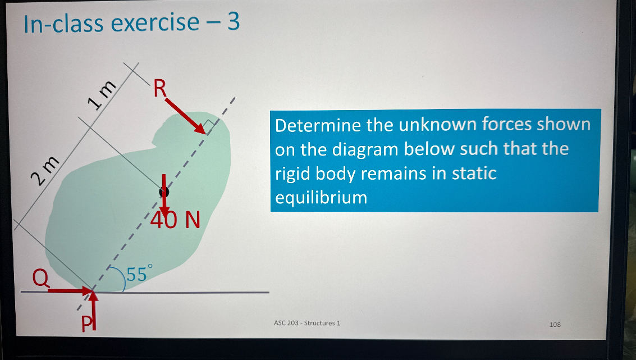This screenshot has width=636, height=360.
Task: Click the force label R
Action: pos(160,88)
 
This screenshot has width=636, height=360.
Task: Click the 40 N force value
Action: pos(175,219)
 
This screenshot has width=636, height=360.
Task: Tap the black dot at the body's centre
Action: pos(164,192)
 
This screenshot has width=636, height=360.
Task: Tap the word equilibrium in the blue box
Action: pos(321,198)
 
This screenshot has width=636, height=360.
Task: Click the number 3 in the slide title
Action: pos(234,23)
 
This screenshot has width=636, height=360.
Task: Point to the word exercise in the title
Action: pos(155,23)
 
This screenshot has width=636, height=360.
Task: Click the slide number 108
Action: pos(555,324)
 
